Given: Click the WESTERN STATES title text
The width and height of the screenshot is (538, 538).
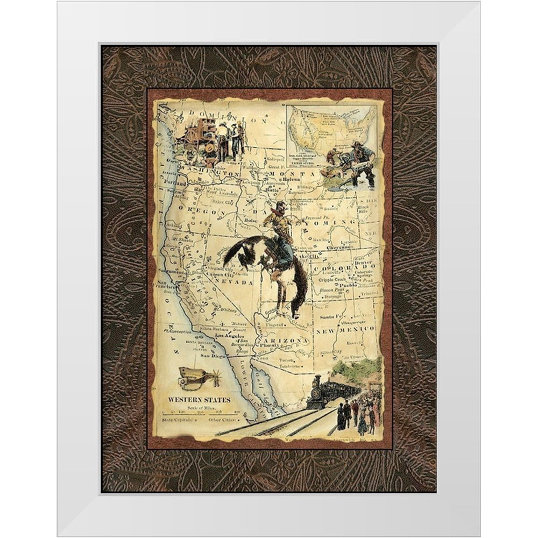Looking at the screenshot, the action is tap(200, 400).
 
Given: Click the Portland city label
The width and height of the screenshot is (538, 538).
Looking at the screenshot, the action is tap(176, 183).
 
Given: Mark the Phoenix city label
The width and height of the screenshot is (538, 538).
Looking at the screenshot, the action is tap(272, 346).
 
